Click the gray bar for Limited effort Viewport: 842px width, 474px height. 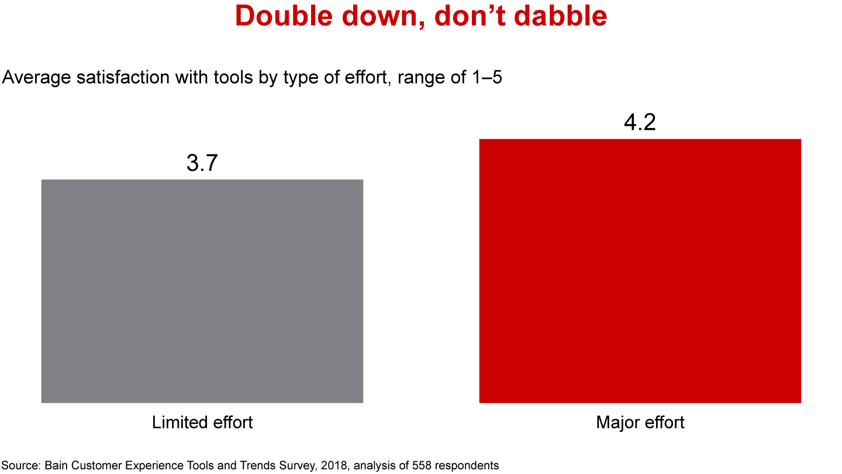pos(202,291)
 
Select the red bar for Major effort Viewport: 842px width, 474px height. pos(640,270)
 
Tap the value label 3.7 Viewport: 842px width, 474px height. pos(202,163)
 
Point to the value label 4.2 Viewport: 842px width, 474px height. pos(640,123)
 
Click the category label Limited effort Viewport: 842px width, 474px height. pos(202,422)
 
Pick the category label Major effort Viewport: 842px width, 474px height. pos(640,422)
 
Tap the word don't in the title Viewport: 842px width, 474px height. pos(456,16)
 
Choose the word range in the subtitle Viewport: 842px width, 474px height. pos(420,77)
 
